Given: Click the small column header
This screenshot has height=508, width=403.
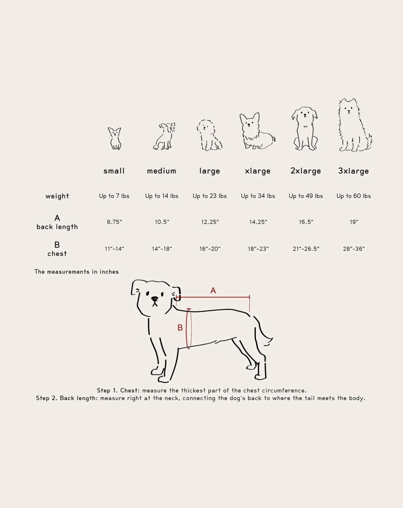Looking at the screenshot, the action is (x=114, y=171).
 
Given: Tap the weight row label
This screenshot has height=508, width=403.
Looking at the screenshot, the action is (x=57, y=196).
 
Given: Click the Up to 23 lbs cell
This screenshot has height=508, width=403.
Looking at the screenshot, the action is (x=210, y=196).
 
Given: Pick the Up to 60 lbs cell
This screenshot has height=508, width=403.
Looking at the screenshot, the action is (x=353, y=196).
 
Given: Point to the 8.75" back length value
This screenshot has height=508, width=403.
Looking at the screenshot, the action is (x=114, y=222).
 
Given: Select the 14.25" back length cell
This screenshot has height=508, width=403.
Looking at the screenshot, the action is (x=258, y=222).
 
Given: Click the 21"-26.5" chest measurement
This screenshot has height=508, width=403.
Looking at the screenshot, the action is (x=306, y=249).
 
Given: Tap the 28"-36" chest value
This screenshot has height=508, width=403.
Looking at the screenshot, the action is (x=354, y=249).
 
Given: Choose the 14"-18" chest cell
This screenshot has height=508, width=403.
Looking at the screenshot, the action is (x=162, y=249).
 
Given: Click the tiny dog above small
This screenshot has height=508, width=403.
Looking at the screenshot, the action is (x=115, y=139).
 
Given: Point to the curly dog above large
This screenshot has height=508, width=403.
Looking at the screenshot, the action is (x=209, y=135).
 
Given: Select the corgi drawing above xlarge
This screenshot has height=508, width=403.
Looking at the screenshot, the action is (x=257, y=131).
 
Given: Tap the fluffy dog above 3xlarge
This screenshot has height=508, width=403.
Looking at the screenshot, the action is (x=355, y=125).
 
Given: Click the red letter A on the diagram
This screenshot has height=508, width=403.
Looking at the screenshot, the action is (x=213, y=290).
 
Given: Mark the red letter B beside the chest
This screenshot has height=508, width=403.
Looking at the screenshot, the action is (x=180, y=328).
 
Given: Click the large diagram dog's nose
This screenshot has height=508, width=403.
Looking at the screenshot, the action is (x=155, y=298).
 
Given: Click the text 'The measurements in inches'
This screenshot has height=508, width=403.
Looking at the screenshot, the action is (x=77, y=272).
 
